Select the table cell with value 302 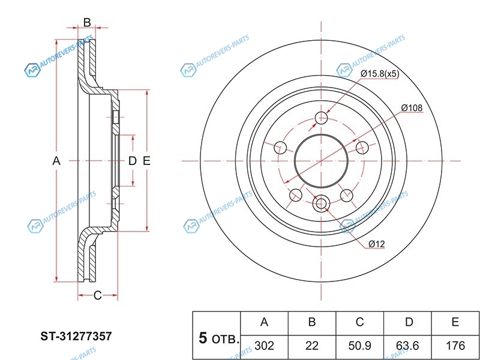click(x=264, y=346)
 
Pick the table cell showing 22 click(x=312, y=346)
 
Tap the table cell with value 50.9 click(x=360, y=346)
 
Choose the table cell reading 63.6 click(x=408, y=346)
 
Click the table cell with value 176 click(x=455, y=346)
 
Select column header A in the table click(x=264, y=322)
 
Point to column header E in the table click(x=455, y=322)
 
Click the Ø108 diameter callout click(x=412, y=107)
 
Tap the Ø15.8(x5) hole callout click(x=379, y=74)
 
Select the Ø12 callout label click(x=376, y=243)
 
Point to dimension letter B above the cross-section click(x=86, y=23)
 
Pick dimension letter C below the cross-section click(x=97, y=295)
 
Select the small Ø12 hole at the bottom click(x=321, y=204)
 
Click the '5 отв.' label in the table click(x=217, y=338)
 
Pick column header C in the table click(x=360, y=322)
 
